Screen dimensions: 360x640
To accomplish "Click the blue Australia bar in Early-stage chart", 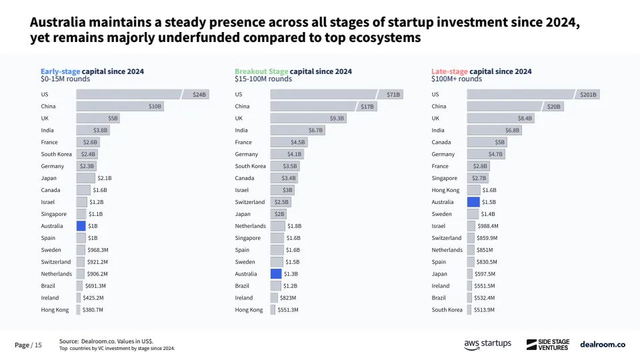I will [x=81, y=226].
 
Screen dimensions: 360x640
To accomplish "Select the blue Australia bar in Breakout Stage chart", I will [x=275, y=274].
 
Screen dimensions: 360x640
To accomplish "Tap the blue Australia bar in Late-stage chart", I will [x=473, y=202].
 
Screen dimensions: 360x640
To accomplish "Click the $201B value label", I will [x=588, y=95].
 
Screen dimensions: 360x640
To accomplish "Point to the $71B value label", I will [x=393, y=95].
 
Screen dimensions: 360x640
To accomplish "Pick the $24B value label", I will [x=199, y=95].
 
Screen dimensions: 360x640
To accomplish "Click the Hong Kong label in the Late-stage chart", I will [x=445, y=190].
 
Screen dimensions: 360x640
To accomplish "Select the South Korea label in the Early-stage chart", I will [x=56, y=154].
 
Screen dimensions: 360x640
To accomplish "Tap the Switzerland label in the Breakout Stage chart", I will [x=250, y=202].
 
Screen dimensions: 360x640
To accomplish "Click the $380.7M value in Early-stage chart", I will [x=93, y=310].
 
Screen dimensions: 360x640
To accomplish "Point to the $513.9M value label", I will [x=485, y=310].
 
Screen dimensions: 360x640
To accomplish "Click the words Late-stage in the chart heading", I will [x=450, y=71].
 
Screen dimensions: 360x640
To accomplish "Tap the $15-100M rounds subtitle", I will [x=263, y=79].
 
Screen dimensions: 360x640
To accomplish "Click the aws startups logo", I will [x=487, y=344].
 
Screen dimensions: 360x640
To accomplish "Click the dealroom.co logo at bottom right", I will [x=603, y=344].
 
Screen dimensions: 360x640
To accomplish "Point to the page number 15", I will [x=38, y=345].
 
